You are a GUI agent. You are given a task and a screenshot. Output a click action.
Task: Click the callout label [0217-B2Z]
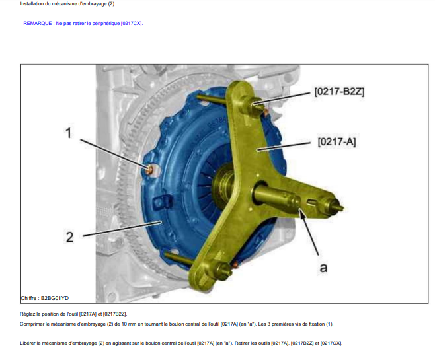pyautogui.click(x=339, y=91)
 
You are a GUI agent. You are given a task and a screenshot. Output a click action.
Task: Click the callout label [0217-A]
pyautogui.click(x=336, y=141)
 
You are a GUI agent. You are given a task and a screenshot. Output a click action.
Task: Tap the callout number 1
pyautogui.click(x=68, y=133)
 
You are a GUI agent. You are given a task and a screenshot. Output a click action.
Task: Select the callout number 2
pyautogui.click(x=69, y=237)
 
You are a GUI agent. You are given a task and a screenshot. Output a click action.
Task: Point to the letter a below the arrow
pyautogui.click(x=323, y=268)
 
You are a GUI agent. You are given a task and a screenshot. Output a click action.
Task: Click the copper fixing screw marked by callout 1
pyautogui.click(x=149, y=168)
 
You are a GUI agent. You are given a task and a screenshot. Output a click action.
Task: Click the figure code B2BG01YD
pyautogui.click(x=55, y=298)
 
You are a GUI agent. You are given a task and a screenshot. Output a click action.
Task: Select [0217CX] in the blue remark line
pyautogui.click(x=132, y=24)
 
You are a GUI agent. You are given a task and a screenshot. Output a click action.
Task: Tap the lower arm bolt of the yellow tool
pyautogui.click(x=223, y=270)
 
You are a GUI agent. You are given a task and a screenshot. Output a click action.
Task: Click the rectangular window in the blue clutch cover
pyautogui.click(x=163, y=202)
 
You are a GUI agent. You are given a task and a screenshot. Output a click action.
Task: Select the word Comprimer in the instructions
pyautogui.click(x=31, y=324)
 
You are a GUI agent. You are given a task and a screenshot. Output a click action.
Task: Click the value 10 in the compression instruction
pyautogui.click(x=118, y=324)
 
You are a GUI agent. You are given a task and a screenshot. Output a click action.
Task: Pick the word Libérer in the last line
pyautogui.click(x=28, y=343)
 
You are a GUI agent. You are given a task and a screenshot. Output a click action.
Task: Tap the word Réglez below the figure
pyautogui.click(x=27, y=314)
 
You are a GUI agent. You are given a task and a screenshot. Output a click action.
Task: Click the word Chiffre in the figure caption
pyautogui.click(x=28, y=298)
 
